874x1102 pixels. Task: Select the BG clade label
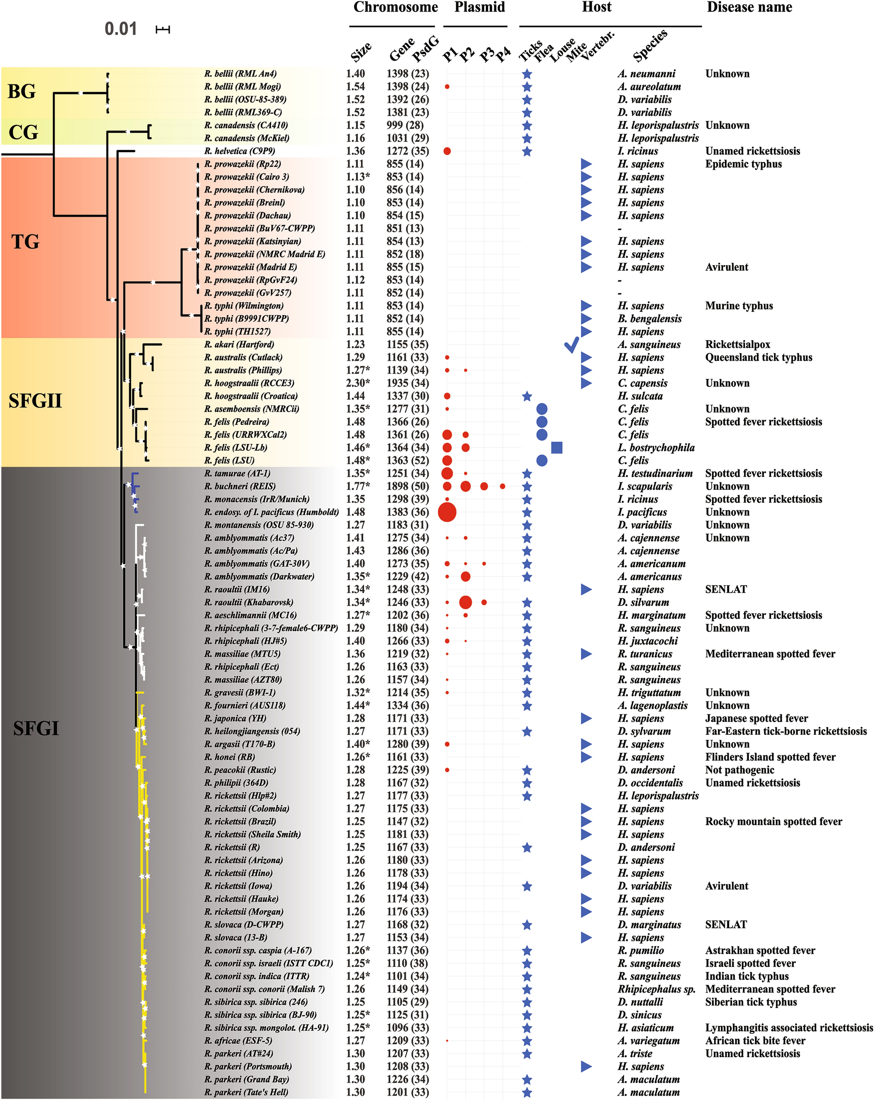point(22,92)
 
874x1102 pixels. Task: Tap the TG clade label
point(25,242)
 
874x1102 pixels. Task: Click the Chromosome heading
point(395,8)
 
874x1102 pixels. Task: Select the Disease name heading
point(749,8)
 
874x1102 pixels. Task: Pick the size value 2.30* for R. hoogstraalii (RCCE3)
point(358,383)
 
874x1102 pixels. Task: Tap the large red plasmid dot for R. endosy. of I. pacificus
point(447,512)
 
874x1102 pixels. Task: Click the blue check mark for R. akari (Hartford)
point(572,345)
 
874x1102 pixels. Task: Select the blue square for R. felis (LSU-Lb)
point(557,448)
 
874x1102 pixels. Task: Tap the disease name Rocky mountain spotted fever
point(774,822)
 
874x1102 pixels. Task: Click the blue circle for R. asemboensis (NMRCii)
point(542,409)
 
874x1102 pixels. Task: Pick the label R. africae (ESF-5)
point(238,1041)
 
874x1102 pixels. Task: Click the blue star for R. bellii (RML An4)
point(527,74)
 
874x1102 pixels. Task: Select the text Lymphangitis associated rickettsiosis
point(789,1028)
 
